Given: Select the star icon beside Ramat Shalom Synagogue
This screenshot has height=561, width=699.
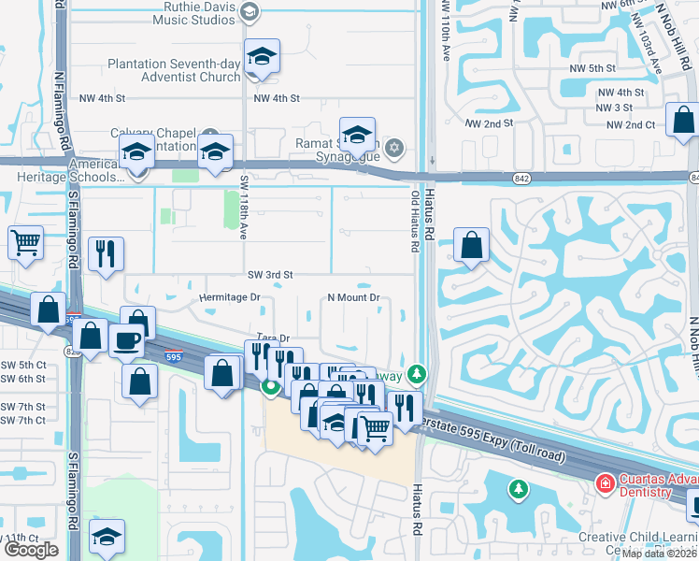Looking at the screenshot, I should [394, 147].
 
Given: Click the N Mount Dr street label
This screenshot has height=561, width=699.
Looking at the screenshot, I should [352, 298].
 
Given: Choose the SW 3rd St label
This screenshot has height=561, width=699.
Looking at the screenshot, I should [270, 275].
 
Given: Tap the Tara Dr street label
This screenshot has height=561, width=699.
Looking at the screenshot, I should [273, 338].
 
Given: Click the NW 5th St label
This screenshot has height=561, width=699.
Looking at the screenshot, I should [595, 68].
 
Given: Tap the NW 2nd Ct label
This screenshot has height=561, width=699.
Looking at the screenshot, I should [631, 124].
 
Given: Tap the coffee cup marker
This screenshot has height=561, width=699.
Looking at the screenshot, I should [126, 339].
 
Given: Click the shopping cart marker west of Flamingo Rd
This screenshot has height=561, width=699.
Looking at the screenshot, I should [25, 242].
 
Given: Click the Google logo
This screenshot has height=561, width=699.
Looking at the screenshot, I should [31, 550].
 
